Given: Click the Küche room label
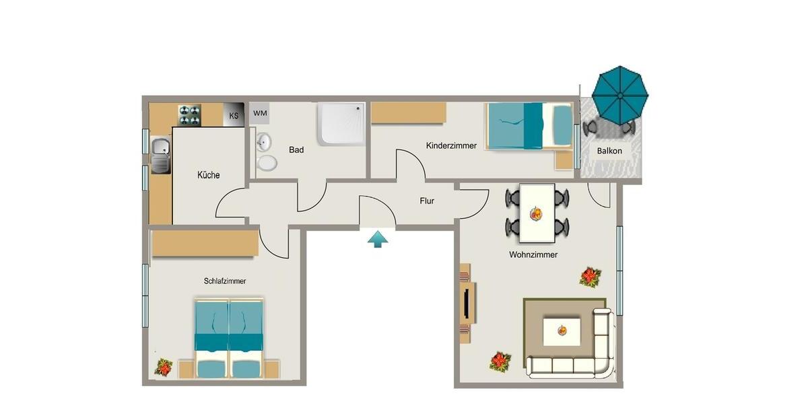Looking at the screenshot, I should (x=208, y=175).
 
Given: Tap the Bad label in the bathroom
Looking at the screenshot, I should (x=296, y=149).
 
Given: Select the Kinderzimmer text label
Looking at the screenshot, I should (x=451, y=145).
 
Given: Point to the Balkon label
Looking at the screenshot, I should (x=609, y=151).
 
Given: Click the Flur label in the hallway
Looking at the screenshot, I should (x=427, y=200).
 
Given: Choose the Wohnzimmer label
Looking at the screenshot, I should (x=533, y=255).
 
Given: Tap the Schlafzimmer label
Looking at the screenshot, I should (x=225, y=281).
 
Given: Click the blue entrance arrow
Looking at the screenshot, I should (x=378, y=238).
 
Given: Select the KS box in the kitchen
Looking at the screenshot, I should (x=234, y=115).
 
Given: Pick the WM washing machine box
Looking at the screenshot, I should (x=261, y=113).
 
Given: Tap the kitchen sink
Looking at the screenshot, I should (x=160, y=155).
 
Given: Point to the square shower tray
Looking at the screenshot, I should (x=342, y=123).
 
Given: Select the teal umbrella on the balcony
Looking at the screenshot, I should (x=619, y=94).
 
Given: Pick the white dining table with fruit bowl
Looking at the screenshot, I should (x=537, y=213).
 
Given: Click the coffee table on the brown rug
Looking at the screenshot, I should (x=561, y=330).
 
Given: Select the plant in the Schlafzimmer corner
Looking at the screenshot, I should (x=164, y=366).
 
